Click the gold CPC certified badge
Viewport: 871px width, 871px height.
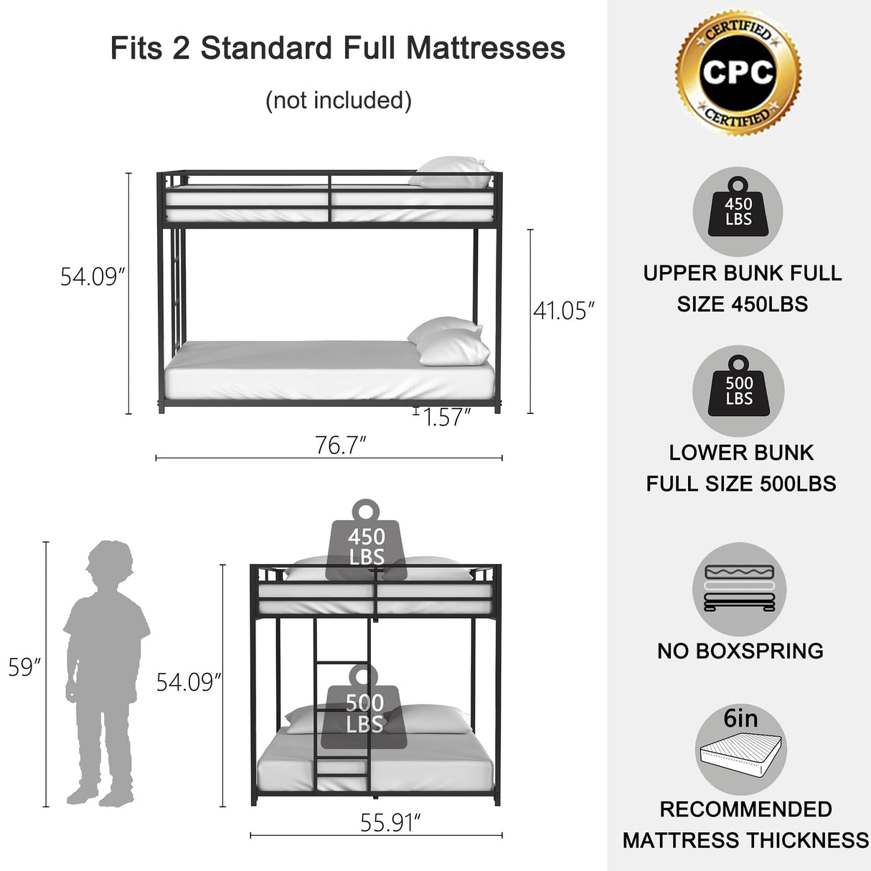pos(738,72)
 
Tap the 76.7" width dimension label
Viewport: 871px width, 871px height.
pos(341,446)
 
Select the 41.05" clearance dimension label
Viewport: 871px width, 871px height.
pos(564,311)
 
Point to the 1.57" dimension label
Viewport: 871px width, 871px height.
pos(447,417)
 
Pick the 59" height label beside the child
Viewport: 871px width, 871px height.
pos(24,667)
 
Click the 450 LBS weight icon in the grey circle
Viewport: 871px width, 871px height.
pos(738,211)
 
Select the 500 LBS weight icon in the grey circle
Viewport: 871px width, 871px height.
pos(738,391)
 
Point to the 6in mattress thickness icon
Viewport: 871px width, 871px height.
pos(740,750)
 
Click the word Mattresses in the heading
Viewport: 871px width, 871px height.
pos(485,48)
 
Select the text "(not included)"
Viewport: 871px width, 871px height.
pos(339,100)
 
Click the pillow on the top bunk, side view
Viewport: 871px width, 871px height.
pos(451,173)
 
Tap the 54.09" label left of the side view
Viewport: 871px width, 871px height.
pos(93,276)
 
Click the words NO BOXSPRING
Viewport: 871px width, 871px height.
pos(740,651)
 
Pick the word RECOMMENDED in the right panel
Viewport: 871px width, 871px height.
pos(745,809)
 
